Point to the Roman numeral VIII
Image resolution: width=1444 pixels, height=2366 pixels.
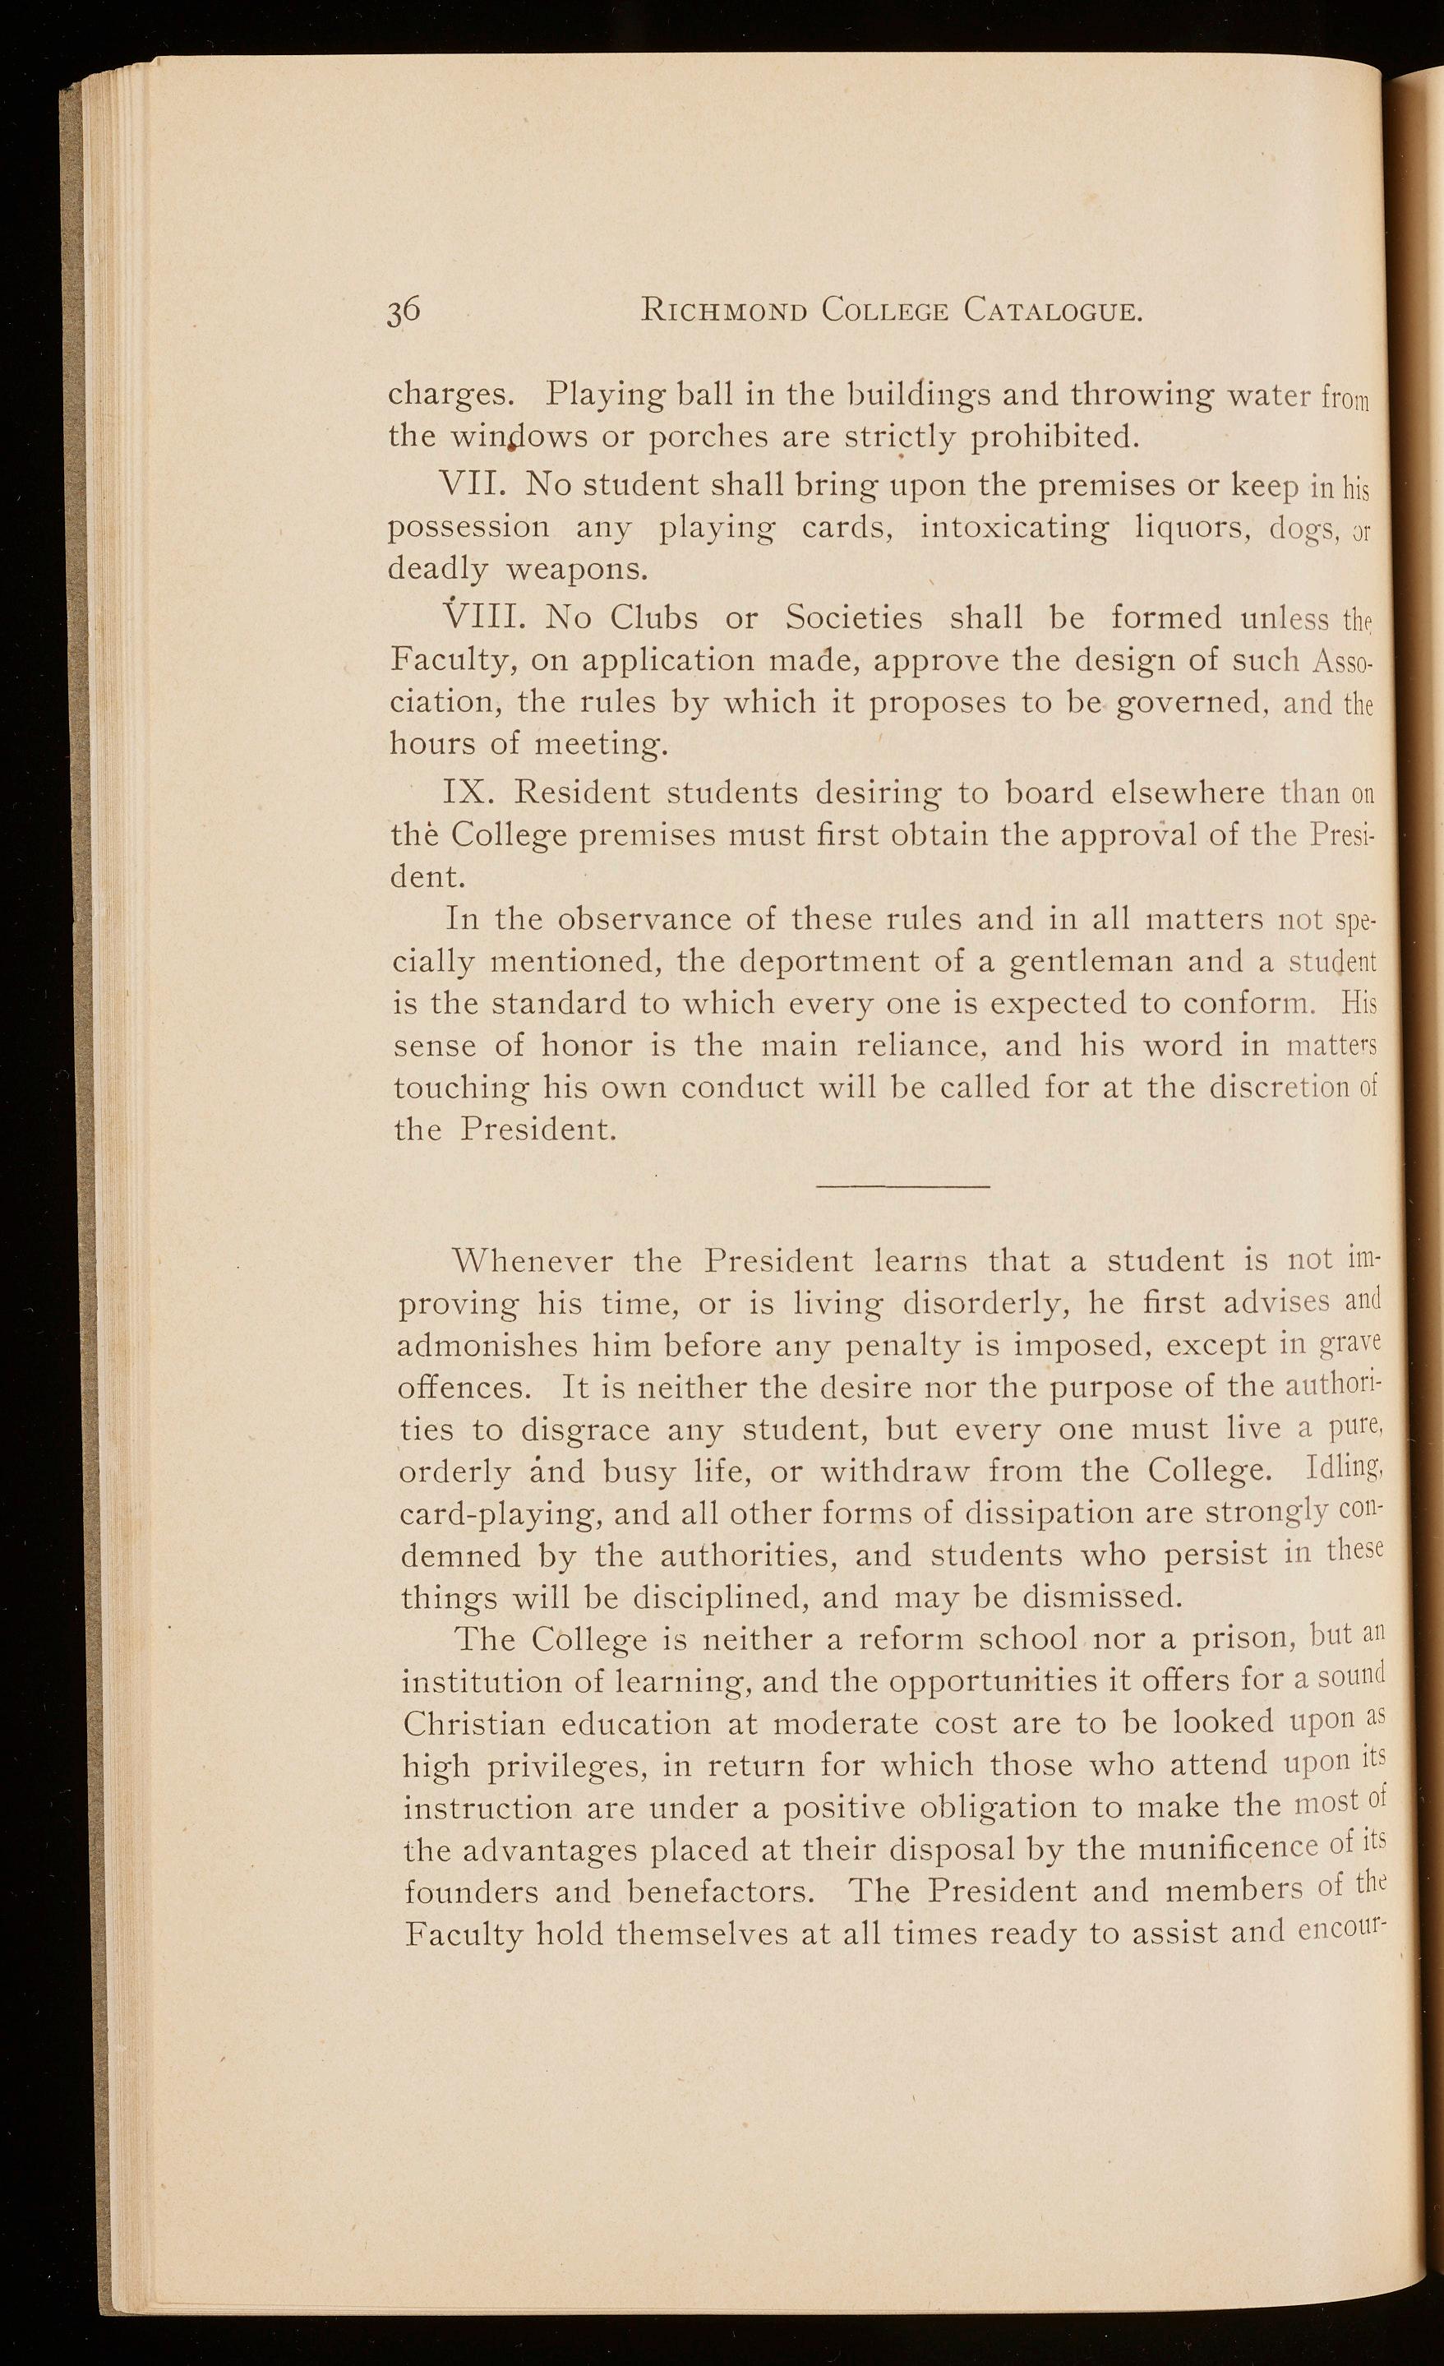478,617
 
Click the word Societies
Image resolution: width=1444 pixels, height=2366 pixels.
854,617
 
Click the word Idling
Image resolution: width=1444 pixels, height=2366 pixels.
1345,1470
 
